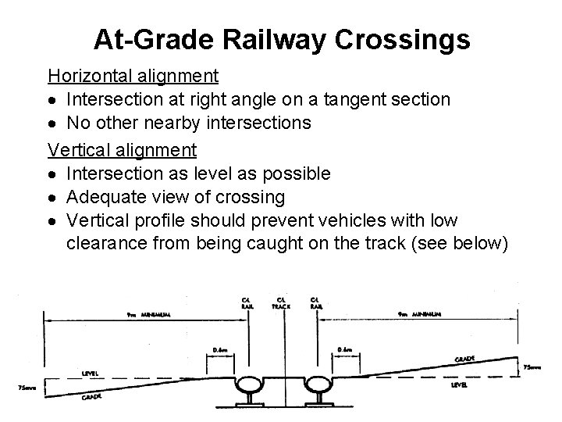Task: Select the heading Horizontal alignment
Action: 133,77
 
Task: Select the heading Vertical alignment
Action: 123,148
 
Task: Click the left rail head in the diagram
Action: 254,385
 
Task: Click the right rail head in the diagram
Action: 316,385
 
